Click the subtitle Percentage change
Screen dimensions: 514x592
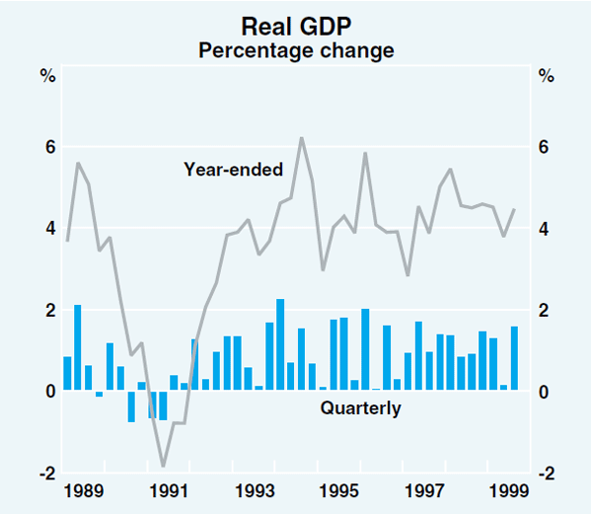point(296,50)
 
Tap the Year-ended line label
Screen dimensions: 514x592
point(234,170)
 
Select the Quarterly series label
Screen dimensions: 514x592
point(361,406)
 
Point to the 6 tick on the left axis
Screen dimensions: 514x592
point(46,147)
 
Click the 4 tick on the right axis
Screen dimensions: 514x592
point(544,229)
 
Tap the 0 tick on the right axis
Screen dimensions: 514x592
point(544,392)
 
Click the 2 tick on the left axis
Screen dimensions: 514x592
point(46,311)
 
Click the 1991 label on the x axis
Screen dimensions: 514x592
point(168,490)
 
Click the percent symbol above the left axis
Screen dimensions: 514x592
point(46,76)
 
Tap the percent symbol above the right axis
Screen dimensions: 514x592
point(544,76)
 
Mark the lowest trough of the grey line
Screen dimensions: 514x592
point(163,466)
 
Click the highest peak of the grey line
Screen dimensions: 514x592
point(302,138)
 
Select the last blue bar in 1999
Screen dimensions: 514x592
point(514,358)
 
